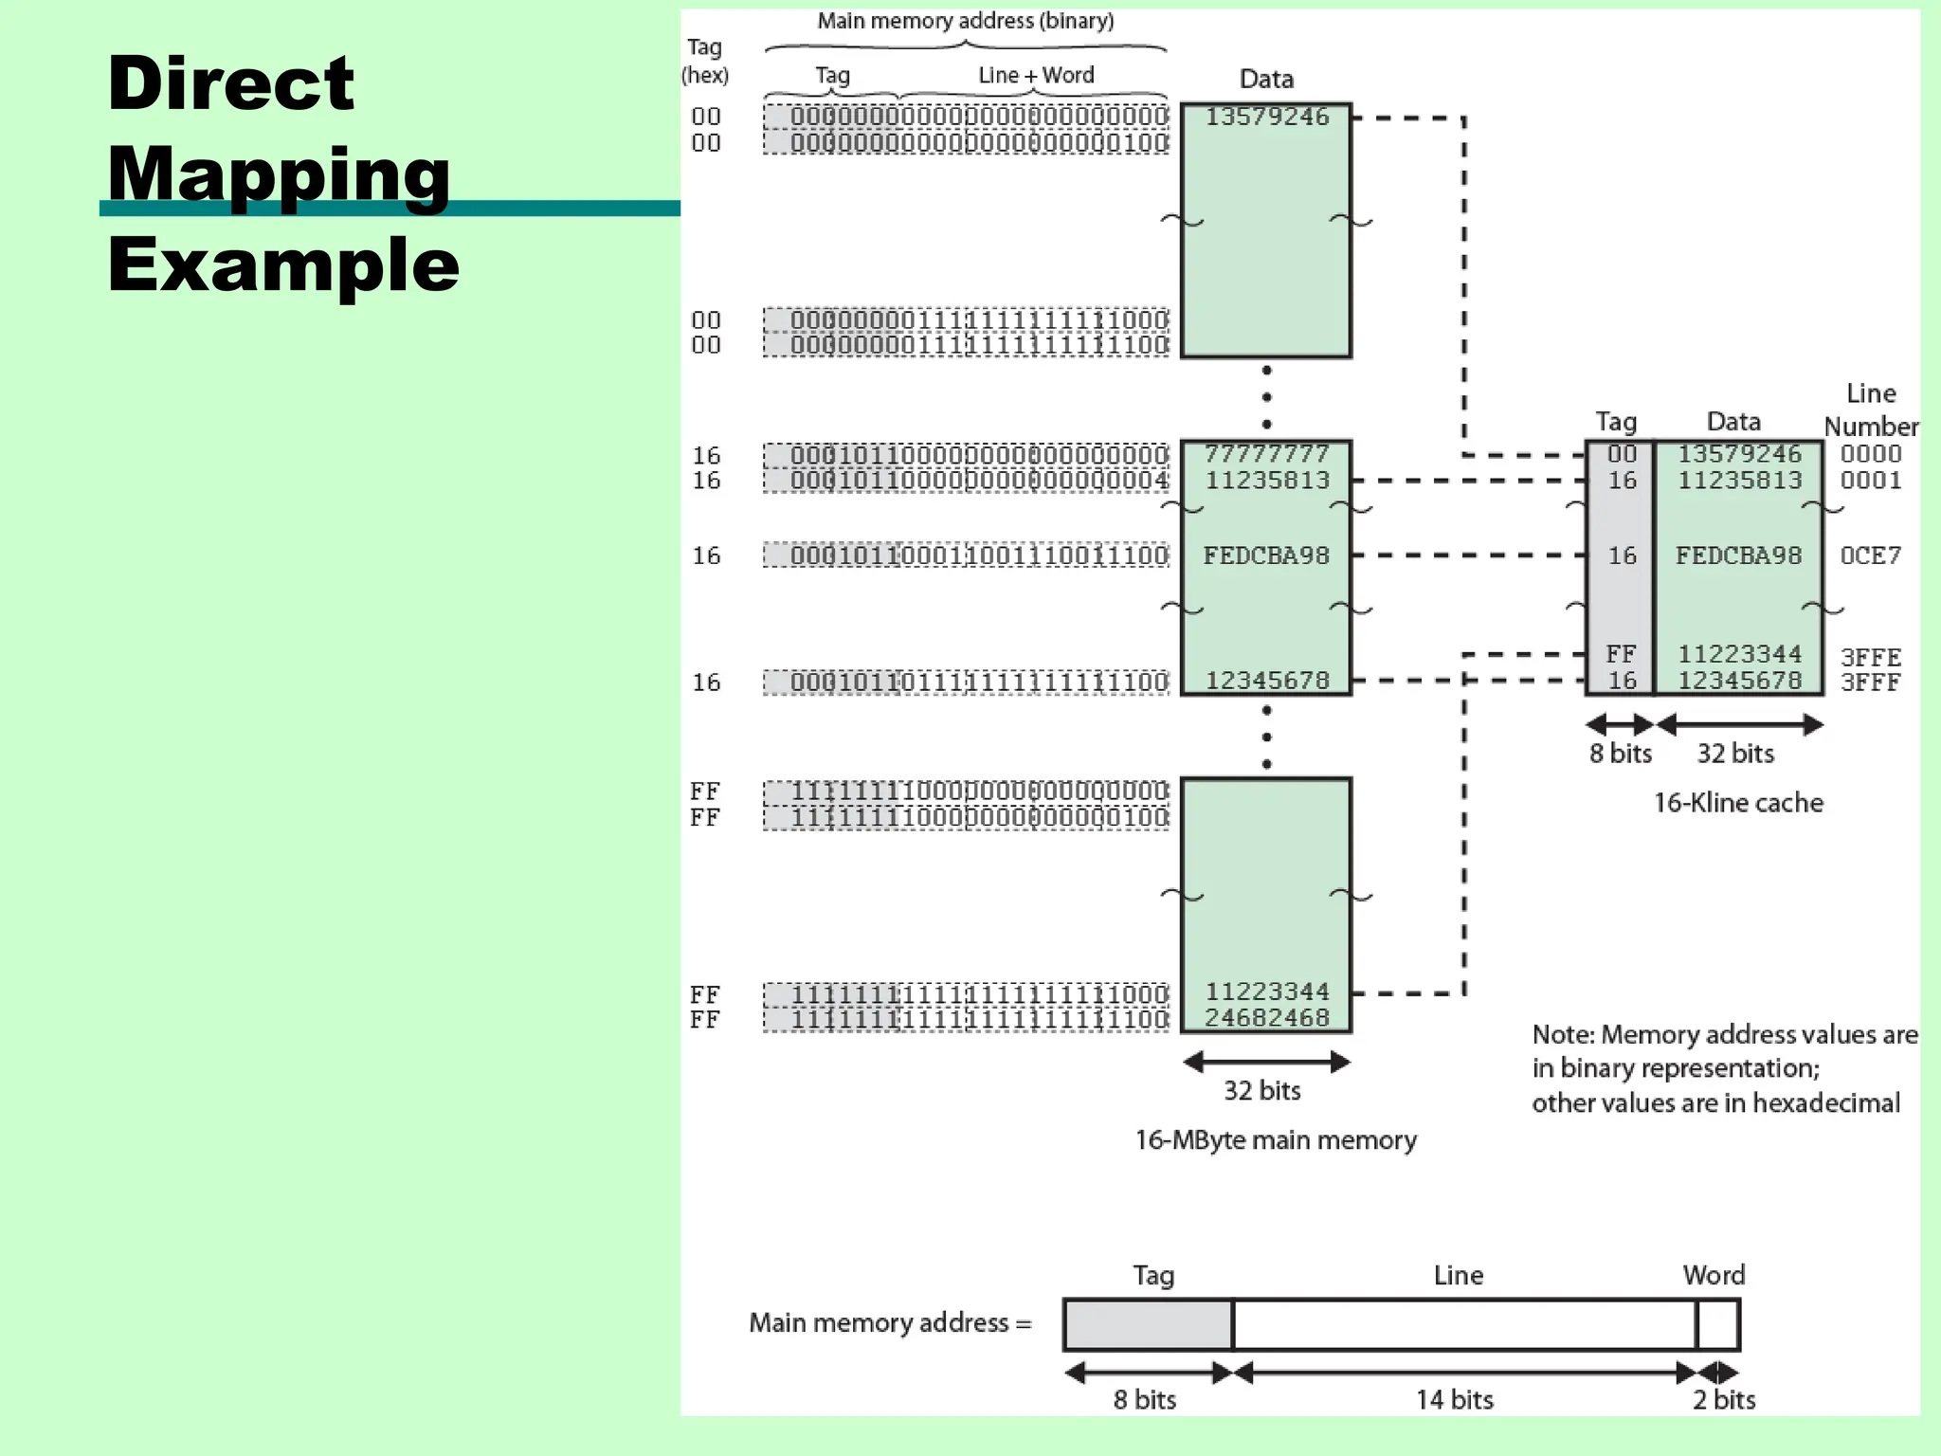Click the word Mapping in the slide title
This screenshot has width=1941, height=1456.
point(279,175)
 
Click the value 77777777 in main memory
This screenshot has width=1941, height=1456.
point(1266,454)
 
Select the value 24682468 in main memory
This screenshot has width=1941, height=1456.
point(1266,1017)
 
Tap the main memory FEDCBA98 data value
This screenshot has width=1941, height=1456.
point(1266,555)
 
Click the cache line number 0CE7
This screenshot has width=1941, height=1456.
point(1870,555)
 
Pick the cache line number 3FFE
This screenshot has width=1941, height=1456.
point(1870,657)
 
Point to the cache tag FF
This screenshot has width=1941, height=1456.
point(1621,654)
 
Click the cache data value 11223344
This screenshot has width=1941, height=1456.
point(1739,654)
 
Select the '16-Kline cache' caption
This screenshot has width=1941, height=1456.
point(1738,803)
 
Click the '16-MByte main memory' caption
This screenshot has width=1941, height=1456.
point(1276,1139)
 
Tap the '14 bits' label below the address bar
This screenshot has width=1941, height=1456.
point(1455,1399)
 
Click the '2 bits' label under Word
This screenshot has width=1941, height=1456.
point(1724,1399)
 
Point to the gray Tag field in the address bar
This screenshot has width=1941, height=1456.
point(1148,1324)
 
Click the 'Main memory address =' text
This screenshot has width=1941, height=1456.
point(890,1322)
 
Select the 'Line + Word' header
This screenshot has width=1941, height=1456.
point(1036,75)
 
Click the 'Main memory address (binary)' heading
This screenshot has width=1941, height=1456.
point(965,21)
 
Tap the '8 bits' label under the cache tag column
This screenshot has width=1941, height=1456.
point(1620,754)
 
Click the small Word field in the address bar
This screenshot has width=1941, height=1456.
point(1717,1324)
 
